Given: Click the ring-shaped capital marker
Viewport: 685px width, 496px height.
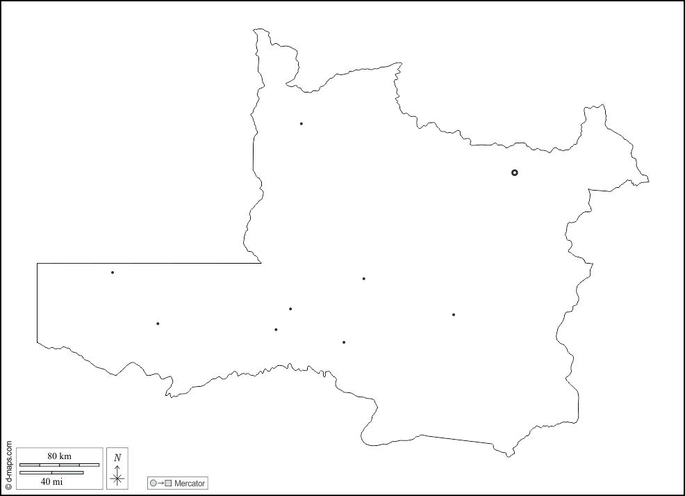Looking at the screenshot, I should click(515, 173).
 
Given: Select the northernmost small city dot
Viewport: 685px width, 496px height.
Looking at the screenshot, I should click(301, 124).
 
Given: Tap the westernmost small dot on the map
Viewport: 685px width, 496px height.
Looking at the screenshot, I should click(113, 272).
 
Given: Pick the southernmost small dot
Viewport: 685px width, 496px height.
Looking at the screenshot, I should click(344, 342).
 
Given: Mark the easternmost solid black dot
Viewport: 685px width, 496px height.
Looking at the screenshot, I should click(454, 314).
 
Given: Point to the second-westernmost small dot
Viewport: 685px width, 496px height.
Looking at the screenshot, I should click(158, 323).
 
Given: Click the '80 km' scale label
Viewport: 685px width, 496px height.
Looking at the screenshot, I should click(59, 456).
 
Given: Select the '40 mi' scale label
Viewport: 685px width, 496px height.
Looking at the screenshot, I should click(51, 481).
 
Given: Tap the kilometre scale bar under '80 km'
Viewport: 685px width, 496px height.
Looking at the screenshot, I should click(59, 464).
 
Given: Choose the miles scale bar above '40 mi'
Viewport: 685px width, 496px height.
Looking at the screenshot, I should click(51, 472).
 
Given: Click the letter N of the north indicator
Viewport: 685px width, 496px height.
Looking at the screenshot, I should click(117, 457).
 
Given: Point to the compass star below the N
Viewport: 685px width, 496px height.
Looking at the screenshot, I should click(117, 478).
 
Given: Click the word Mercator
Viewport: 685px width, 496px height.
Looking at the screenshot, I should click(189, 483).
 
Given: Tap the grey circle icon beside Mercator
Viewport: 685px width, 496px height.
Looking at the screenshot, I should click(153, 483).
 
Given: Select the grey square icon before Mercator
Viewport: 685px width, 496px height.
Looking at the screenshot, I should click(168, 483).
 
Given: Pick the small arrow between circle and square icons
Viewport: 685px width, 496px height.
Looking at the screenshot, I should click(160, 483).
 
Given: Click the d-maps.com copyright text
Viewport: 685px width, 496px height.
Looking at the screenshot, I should click(8, 465).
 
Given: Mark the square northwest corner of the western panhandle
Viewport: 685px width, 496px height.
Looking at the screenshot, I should click(38, 264).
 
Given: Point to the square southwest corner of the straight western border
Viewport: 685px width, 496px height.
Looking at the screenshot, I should click(38, 342).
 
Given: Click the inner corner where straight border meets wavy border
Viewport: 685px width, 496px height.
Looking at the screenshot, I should click(261, 263).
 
